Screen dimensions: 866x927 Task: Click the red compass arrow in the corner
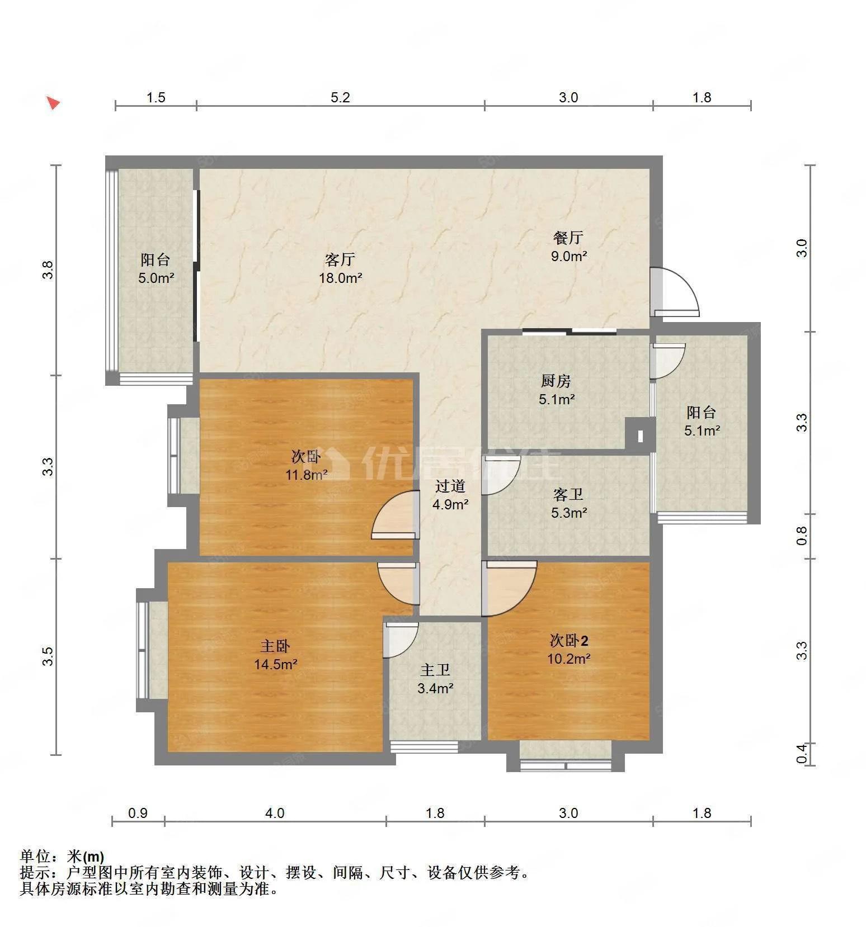53,103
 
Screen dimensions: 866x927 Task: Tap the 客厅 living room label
340,259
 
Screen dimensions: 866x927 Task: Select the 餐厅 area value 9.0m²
569,256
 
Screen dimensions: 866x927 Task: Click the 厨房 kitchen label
556,381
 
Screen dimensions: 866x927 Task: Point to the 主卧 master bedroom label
275,646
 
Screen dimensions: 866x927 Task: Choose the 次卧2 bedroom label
569,640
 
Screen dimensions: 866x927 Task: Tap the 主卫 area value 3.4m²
435,688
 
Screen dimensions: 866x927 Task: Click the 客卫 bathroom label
568,494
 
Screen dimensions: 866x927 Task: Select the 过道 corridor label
450,486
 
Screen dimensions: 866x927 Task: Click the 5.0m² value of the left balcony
157,277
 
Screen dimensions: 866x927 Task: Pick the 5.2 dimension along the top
340,97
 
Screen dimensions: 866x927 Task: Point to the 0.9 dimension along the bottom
138,813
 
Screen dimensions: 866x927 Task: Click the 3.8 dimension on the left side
49,271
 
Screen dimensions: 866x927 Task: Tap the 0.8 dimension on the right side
802,536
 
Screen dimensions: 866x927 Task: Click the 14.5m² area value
275,664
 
